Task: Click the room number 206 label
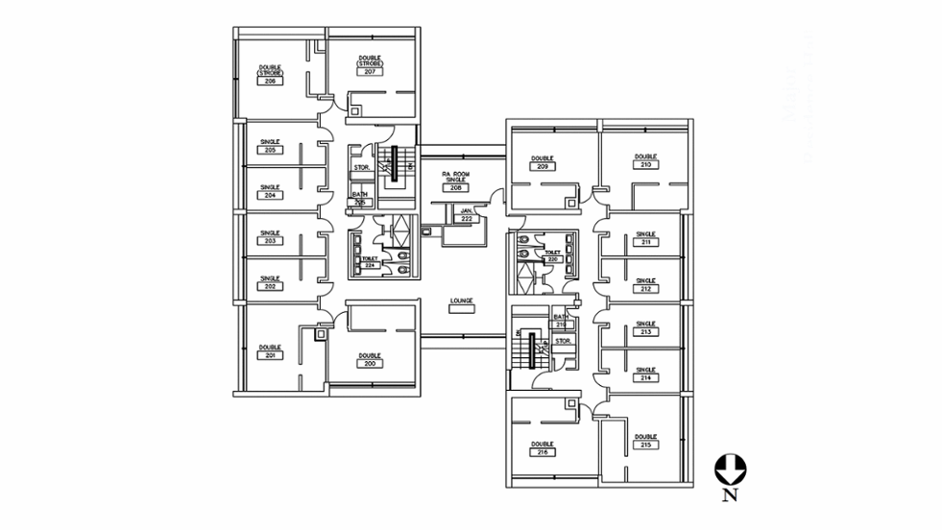(270, 81)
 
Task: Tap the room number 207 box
(370, 72)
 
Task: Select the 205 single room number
(270, 150)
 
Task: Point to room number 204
(270, 195)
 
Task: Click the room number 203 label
(270, 241)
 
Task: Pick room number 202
(270, 286)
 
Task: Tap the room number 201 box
(270, 354)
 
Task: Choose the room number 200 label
(370, 364)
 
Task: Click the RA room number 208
(454, 187)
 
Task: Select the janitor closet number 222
(467, 219)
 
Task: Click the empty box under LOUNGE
(462, 309)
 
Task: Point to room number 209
(543, 166)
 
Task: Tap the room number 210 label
(645, 164)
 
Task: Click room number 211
(645, 242)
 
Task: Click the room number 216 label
(543, 451)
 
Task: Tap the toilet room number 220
(552, 259)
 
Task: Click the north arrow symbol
(730, 470)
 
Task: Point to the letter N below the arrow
(730, 495)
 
